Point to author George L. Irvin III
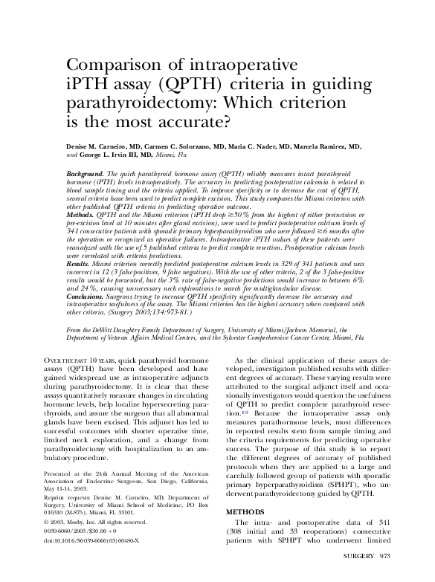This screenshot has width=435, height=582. (x=115, y=155)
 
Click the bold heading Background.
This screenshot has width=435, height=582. (x=84, y=172)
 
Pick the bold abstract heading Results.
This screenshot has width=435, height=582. (x=77, y=264)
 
